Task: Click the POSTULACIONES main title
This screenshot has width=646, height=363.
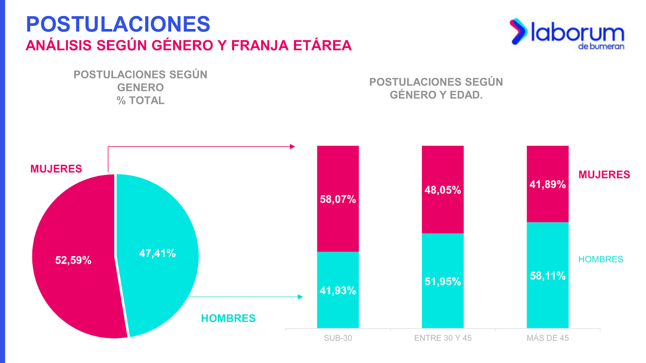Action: tap(118, 24)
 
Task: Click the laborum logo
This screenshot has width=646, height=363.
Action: tap(567, 33)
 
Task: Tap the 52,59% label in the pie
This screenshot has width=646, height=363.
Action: tap(73, 260)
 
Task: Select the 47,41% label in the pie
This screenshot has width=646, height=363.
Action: tap(157, 253)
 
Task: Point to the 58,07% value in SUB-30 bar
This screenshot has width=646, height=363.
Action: tap(338, 199)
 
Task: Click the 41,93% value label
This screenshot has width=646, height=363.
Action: tap(338, 290)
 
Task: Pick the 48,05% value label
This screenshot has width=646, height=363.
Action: tap(443, 190)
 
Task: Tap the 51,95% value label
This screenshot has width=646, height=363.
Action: tap(443, 282)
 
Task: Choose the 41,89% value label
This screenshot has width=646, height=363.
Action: tap(547, 184)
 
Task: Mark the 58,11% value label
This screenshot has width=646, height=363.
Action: tap(547, 276)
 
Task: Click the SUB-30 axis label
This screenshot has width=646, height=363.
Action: tap(338, 338)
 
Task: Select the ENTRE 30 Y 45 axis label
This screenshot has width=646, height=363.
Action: tap(443, 338)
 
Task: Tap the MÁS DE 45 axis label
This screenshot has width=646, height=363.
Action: tap(547, 338)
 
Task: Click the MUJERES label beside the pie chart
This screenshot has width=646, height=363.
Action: tap(56, 169)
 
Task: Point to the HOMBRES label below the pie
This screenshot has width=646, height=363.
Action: tap(228, 318)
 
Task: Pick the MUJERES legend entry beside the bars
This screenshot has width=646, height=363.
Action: tap(604, 175)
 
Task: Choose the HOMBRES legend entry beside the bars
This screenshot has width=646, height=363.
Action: tap(601, 259)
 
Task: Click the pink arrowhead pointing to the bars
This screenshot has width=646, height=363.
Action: tap(293, 147)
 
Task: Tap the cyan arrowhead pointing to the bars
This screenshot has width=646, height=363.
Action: tap(300, 297)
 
